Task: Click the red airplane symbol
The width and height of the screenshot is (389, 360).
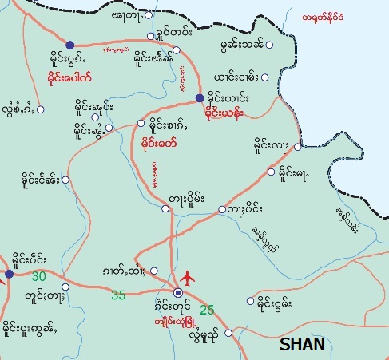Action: click(187, 279)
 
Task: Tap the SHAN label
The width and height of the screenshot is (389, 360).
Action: click(303, 344)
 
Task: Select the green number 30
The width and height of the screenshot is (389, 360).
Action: click(39, 276)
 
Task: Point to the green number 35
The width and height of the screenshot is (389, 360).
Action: click(118, 295)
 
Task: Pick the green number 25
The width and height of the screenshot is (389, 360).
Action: click(207, 310)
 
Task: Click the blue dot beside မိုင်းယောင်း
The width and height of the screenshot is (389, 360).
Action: click(199, 98)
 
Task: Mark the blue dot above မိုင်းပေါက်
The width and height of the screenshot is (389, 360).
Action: click(69, 45)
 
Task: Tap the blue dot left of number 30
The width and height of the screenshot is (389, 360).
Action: click(9, 274)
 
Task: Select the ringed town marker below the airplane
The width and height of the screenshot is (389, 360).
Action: click(178, 293)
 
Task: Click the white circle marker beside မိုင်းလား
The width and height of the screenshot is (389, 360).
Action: click(297, 147)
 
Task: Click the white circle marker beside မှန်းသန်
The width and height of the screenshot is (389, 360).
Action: click(269, 45)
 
